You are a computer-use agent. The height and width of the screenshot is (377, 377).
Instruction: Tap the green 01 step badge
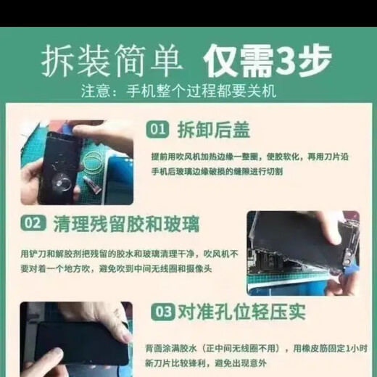(x=159, y=130)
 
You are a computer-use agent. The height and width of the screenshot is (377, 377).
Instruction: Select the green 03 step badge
(x=162, y=312)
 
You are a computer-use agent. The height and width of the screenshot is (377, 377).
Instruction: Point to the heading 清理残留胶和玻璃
(x=121, y=223)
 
